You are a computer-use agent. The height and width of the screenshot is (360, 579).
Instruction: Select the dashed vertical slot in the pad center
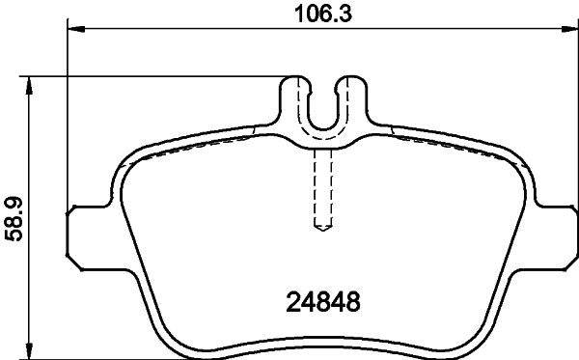coord(323,188)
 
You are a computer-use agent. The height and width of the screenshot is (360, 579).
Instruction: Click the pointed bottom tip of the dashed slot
coord(323,230)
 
